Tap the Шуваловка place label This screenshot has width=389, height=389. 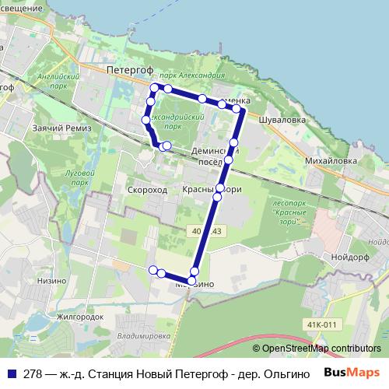coord(286,121)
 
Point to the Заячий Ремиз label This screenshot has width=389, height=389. coord(62,128)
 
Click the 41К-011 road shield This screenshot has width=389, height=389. coord(320,324)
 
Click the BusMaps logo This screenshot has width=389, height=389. coord(352,373)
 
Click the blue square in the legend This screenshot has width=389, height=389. coord(11,373)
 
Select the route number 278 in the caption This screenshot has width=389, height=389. coord(32,373)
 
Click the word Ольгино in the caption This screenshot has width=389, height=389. coord(289,373)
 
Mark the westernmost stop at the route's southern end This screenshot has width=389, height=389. coord(153,269)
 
